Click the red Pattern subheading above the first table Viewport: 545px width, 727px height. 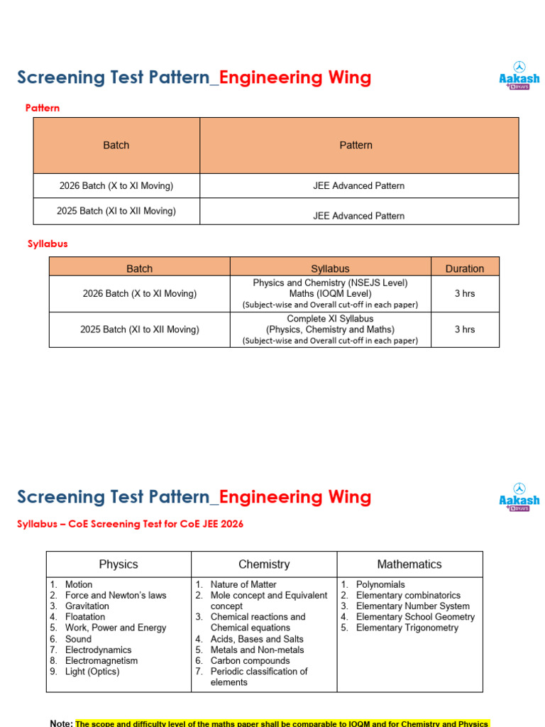pyautogui.click(x=43, y=108)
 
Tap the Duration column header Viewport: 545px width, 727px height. pyautogui.click(x=465, y=268)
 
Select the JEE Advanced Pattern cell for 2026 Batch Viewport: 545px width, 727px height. pyautogui.click(x=358, y=185)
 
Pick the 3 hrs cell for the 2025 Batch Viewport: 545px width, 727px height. pyautogui.click(x=465, y=329)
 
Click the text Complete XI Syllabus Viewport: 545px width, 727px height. pyautogui.click(x=330, y=319)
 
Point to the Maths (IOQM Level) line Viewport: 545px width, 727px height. pyautogui.click(x=330, y=293)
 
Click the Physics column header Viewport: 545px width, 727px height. pyautogui.click(x=119, y=564)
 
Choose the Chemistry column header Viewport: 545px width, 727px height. pyautogui.click(x=264, y=564)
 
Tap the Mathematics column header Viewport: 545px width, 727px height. pyautogui.click(x=409, y=564)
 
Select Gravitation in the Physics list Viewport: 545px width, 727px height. pyautogui.click(x=87, y=606)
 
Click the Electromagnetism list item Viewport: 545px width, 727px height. pyautogui.click(x=101, y=660)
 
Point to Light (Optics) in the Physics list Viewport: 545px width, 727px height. pyautogui.click(x=92, y=672)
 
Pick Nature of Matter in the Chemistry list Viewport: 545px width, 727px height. pyautogui.click(x=243, y=584)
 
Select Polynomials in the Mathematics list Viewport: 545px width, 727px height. pyautogui.click(x=380, y=584)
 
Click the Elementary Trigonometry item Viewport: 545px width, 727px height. pyautogui.click(x=407, y=628)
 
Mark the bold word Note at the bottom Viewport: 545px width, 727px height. pyautogui.click(x=61, y=723)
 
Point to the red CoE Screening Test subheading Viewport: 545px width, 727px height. pyautogui.click(x=130, y=524)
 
